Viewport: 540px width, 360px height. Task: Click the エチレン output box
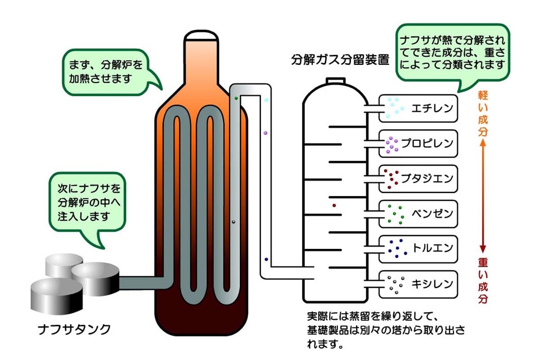click(x=418, y=108)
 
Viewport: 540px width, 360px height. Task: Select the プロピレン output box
click(x=418, y=144)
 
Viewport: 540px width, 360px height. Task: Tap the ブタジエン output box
click(x=418, y=179)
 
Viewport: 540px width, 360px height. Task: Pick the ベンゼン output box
click(x=418, y=213)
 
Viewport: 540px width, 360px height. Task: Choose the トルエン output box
click(x=418, y=248)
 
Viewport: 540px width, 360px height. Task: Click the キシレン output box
click(x=418, y=284)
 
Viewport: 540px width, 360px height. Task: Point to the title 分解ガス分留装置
click(x=340, y=60)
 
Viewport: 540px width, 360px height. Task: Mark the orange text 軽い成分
click(x=482, y=115)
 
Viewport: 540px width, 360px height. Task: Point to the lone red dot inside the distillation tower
click(x=334, y=206)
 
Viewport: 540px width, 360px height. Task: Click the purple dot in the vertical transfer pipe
click(x=265, y=133)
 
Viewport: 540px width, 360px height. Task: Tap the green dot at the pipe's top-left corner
click(x=236, y=98)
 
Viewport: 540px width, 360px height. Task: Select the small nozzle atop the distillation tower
click(x=334, y=81)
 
